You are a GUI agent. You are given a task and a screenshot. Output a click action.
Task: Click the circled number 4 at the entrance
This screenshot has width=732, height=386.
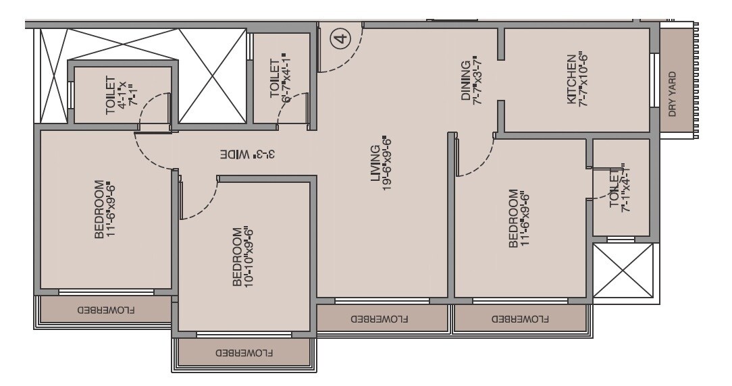(x=342, y=38)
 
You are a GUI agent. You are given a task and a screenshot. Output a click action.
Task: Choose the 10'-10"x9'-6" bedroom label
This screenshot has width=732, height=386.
(x=243, y=258)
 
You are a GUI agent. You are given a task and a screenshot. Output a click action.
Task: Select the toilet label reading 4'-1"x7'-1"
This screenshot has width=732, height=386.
(x=116, y=95)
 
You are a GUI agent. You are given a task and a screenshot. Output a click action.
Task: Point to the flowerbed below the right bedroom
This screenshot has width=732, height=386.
(x=520, y=317)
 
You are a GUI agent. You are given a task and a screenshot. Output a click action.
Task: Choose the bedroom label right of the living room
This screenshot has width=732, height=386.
(x=518, y=219)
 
